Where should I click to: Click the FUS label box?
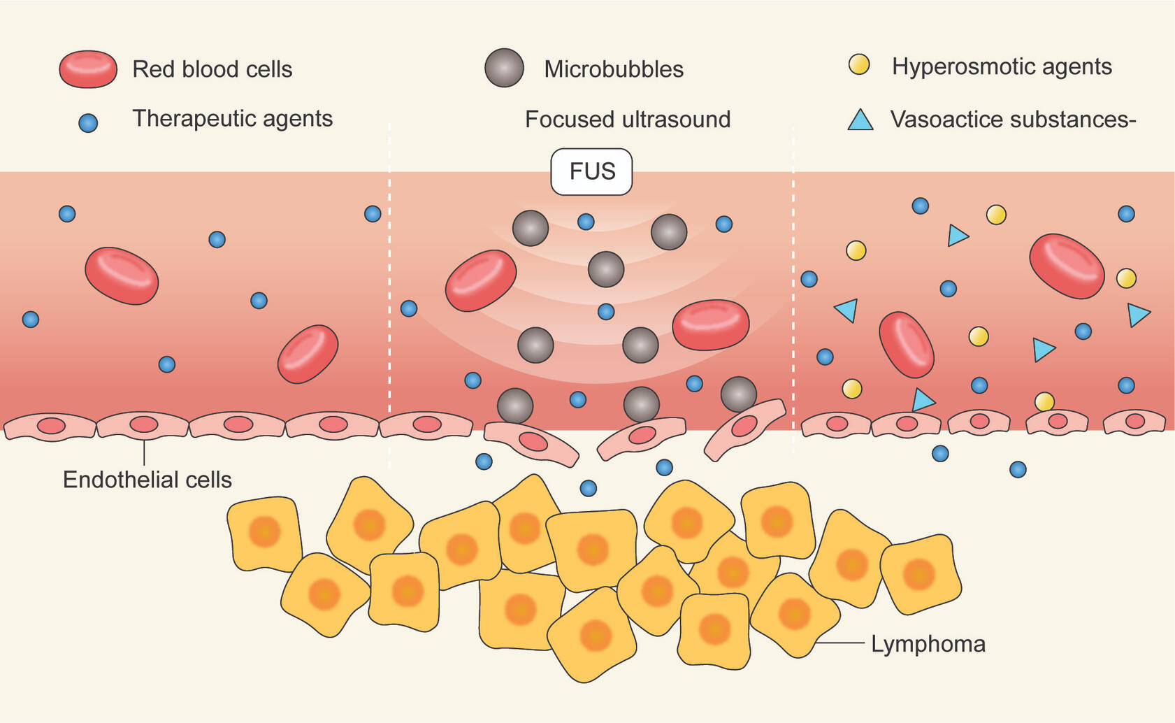[x=591, y=171]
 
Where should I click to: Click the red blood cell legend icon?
[x=88, y=69]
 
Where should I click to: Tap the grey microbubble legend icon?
[x=504, y=68]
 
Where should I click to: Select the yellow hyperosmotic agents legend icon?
[x=859, y=65]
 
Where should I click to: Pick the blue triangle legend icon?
[x=860, y=120]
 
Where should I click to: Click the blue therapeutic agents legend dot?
[x=88, y=123]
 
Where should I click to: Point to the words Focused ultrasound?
[x=627, y=120]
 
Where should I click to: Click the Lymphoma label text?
[x=928, y=644]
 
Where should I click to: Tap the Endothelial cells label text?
[x=147, y=480]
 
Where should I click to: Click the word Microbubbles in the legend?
[x=614, y=69]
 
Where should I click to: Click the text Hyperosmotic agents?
[x=1002, y=66]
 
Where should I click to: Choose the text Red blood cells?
[x=212, y=69]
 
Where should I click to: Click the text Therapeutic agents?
[x=232, y=119]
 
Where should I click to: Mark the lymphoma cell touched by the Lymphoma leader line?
[x=794, y=615]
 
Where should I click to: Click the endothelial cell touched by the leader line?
[x=143, y=424]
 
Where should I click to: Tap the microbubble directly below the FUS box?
[x=605, y=269]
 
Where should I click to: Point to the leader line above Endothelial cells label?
[x=144, y=452]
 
